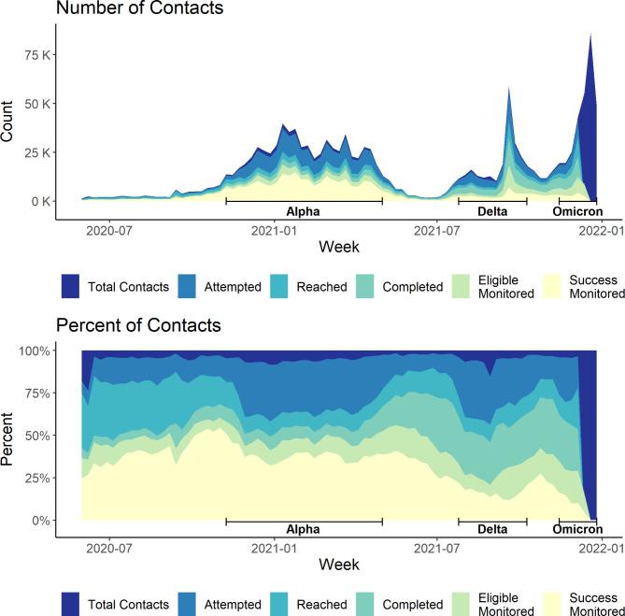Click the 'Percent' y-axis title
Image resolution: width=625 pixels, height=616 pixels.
point(8,437)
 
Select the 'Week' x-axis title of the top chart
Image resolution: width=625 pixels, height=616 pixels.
point(338,247)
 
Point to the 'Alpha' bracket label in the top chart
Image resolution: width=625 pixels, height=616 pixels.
point(303,211)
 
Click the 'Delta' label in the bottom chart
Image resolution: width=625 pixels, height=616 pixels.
point(492,529)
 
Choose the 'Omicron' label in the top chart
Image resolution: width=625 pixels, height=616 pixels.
point(576,211)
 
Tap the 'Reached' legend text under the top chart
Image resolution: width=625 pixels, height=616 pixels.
point(323,287)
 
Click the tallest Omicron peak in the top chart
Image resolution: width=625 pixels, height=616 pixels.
point(589,35)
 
